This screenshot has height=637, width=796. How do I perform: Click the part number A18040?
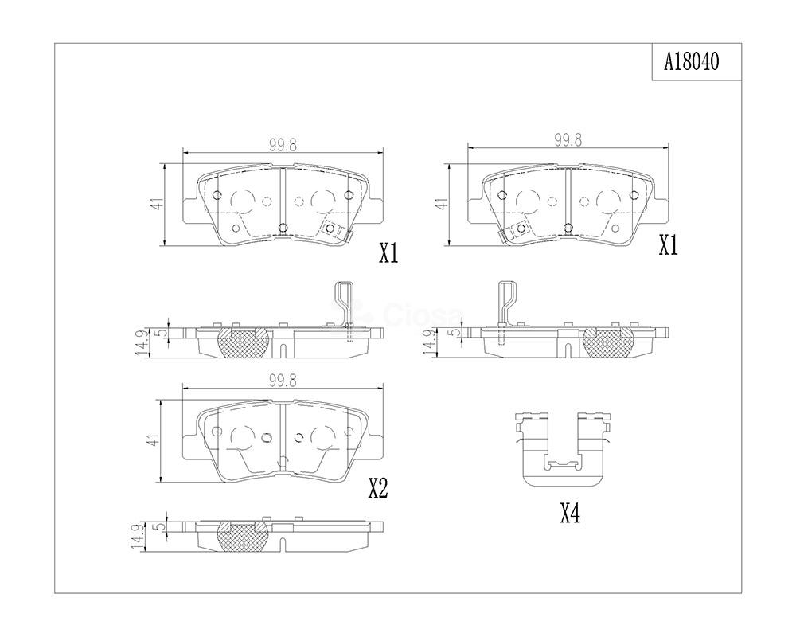pos(692,62)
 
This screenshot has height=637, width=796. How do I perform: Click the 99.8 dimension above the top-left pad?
pos(283,145)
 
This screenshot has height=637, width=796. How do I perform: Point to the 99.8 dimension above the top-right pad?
pos(568,140)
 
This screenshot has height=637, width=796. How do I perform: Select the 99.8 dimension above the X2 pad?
pos(283,381)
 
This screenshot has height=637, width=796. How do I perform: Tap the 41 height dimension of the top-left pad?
pos(159,204)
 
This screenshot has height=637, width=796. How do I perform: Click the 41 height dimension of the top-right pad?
pos(443,204)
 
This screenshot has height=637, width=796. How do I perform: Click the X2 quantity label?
pos(377,489)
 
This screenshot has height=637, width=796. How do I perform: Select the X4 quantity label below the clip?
pos(570,515)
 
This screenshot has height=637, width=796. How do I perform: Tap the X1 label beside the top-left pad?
pos(389,253)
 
